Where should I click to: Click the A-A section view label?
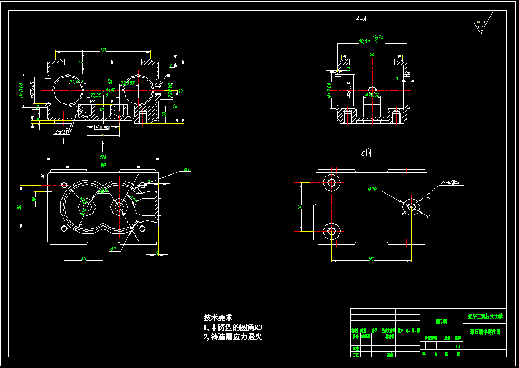(x=361, y=18)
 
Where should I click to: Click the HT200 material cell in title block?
(x=441, y=322)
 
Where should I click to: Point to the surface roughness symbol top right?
(x=480, y=26)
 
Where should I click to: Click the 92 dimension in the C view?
(x=371, y=258)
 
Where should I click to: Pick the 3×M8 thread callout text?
(x=449, y=183)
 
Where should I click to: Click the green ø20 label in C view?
(x=372, y=190)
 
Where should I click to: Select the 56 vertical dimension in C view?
(x=299, y=206)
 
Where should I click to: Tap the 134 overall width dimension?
(x=103, y=157)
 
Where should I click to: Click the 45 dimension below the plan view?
(x=83, y=258)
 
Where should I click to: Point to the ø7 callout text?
(x=187, y=169)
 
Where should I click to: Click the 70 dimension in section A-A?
(x=372, y=54)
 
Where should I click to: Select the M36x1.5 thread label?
(x=349, y=89)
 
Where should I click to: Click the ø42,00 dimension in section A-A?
(x=330, y=89)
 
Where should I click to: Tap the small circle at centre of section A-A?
(x=372, y=89)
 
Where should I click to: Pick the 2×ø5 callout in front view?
(x=61, y=132)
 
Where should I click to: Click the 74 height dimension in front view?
(x=181, y=92)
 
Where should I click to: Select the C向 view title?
(x=366, y=152)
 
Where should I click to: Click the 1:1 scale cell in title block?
(x=458, y=346)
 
